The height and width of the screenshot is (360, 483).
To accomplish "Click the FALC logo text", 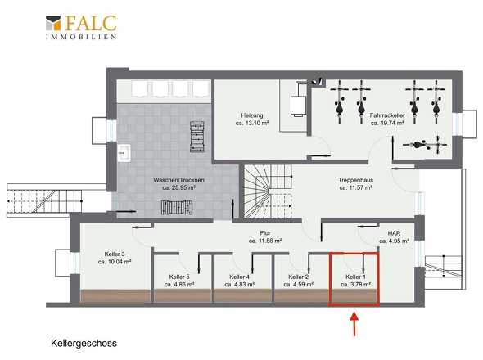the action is (x=91, y=23).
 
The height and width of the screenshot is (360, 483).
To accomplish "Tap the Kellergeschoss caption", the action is (x=84, y=343).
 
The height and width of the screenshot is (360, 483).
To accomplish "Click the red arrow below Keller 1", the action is (x=354, y=324).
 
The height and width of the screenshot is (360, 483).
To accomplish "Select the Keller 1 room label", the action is (x=356, y=277).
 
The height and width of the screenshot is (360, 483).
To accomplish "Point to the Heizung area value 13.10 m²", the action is (x=252, y=123).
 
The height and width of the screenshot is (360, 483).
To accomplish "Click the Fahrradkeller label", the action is (x=387, y=115).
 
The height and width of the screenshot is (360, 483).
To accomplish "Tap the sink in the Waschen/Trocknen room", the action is (x=124, y=153).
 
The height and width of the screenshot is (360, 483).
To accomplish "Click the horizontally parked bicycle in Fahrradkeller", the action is (x=425, y=145).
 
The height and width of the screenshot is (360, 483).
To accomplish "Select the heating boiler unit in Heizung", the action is (x=298, y=106).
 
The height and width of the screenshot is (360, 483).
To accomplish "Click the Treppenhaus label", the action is (x=356, y=180).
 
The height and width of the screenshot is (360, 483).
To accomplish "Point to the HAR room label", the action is (x=394, y=233).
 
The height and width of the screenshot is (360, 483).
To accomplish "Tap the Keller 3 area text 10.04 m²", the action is (x=115, y=262).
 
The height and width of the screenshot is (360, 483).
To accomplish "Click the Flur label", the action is (x=265, y=233).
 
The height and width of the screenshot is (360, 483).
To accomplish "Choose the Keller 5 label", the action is (x=179, y=277).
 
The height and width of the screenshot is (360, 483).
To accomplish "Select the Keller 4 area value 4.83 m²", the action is (x=239, y=284).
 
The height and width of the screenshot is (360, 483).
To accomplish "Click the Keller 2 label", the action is (x=299, y=277).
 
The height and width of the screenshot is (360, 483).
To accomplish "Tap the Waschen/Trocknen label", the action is (x=178, y=180).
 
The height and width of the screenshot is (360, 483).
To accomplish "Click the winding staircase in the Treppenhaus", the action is (x=268, y=191).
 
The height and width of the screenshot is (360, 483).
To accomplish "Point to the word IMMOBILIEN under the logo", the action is (x=81, y=37).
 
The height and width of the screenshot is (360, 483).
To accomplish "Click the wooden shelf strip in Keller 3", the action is (x=115, y=295).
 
